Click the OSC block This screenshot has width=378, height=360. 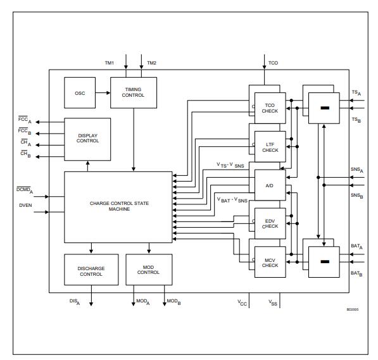(x=80, y=94)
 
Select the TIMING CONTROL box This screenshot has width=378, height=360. (x=134, y=92)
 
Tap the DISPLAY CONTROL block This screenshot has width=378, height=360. (x=87, y=139)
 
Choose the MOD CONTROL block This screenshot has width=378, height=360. (x=149, y=271)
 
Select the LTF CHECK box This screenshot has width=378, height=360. (x=270, y=146)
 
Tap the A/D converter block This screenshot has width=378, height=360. (x=270, y=184)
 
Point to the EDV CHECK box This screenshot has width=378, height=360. (x=270, y=223)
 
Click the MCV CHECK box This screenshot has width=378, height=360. (x=270, y=262)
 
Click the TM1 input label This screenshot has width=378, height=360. (x=109, y=63)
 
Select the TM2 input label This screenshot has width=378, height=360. (x=151, y=63)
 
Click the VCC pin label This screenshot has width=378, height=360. (x=241, y=302)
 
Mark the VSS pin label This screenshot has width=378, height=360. (x=272, y=302)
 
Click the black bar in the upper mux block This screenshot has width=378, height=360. (x=324, y=109)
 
